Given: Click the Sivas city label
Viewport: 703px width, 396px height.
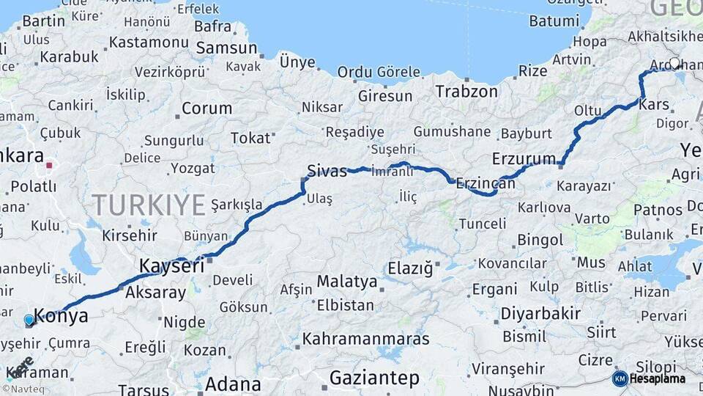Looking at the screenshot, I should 327,172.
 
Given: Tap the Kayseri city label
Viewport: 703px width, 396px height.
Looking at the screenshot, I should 171,266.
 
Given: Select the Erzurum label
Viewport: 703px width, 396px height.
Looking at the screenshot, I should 524,159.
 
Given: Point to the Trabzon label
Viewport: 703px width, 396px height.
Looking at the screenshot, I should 466,92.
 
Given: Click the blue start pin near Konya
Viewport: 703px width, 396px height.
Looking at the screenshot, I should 29,320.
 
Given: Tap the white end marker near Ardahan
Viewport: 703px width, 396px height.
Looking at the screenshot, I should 674,64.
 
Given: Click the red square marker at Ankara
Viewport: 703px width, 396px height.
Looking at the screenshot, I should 49,165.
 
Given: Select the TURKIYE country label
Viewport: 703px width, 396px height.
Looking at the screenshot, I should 149,205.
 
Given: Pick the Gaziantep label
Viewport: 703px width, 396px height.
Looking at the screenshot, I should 374,378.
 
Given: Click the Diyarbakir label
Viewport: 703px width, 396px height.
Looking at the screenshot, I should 540,314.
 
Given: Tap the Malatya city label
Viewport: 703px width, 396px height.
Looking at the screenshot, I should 347,282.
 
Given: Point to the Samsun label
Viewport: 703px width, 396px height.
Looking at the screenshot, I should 226,48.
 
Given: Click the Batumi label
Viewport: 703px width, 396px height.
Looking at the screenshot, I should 554,21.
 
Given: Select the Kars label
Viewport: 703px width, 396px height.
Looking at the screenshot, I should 654,105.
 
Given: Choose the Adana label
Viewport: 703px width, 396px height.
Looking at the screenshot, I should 233,384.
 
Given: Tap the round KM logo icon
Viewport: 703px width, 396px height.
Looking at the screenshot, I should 620,378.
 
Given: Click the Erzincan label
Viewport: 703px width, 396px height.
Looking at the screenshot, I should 486,183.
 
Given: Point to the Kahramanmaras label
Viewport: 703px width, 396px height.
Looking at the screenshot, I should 365,340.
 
